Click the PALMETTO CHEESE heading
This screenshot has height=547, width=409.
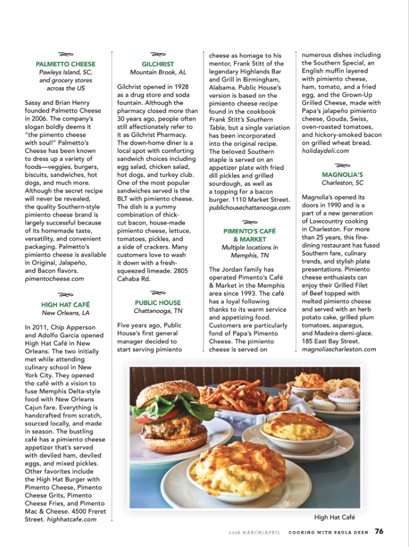pyautogui.click(x=66, y=64)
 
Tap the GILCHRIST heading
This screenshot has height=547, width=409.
pyautogui.click(x=158, y=64)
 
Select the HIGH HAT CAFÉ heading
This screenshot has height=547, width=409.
pyautogui.click(x=66, y=305)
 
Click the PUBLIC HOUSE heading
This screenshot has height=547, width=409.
pyautogui.click(x=158, y=303)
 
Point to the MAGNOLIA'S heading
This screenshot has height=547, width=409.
pyautogui.click(x=342, y=175)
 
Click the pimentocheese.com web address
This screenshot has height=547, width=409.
pyautogui.click(x=54, y=279)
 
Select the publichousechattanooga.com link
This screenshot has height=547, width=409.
pyautogui.click(x=250, y=207)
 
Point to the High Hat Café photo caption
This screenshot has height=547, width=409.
pyautogui.click(x=335, y=517)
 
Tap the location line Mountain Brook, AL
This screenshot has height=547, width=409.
pyautogui.click(x=158, y=72)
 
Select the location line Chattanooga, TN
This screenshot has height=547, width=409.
pyautogui.click(x=158, y=311)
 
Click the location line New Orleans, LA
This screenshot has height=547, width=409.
pyautogui.click(x=66, y=313)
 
